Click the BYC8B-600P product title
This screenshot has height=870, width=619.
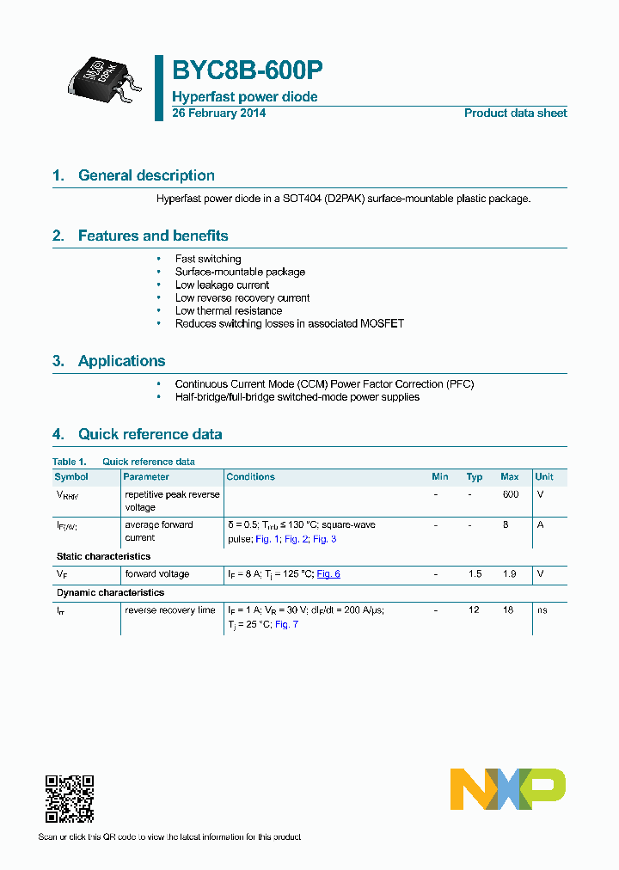click(x=248, y=70)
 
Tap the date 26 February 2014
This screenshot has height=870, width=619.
click(x=218, y=113)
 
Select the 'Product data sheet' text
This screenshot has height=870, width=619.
click(x=515, y=113)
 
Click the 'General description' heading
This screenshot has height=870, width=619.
click(x=146, y=175)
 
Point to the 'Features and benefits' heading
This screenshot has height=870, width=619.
click(x=153, y=236)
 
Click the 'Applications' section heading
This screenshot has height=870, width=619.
click(x=121, y=361)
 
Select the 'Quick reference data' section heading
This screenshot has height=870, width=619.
click(x=150, y=434)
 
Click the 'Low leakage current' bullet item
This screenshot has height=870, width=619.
click(x=222, y=285)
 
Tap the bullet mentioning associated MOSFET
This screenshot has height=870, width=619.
click(x=289, y=323)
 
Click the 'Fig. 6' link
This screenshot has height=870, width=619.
click(x=328, y=573)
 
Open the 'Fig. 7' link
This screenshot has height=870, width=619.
click(x=286, y=624)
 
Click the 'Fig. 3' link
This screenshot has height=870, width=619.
click(x=324, y=539)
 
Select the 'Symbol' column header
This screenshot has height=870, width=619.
click(x=71, y=477)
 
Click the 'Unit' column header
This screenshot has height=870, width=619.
click(x=544, y=477)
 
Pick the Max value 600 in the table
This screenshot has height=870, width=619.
click(x=510, y=494)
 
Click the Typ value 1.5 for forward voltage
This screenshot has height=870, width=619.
click(x=475, y=573)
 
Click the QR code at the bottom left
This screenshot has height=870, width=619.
click(x=69, y=799)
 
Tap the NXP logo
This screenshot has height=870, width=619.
click(x=508, y=788)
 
